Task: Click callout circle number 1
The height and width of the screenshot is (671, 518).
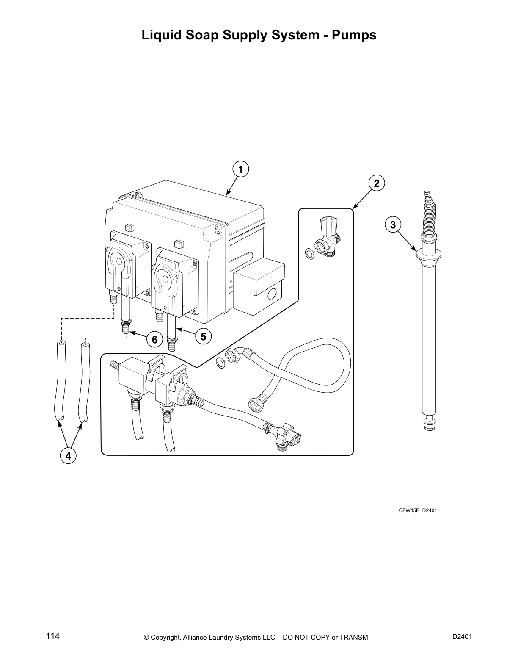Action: [x=240, y=170]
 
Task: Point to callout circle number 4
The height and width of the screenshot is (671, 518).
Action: [x=68, y=456]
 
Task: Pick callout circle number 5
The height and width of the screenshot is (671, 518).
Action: [x=203, y=337]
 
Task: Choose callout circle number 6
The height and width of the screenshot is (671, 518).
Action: [x=154, y=340]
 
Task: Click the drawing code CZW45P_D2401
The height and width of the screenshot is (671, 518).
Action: [x=418, y=510]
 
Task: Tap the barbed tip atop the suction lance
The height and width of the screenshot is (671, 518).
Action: [x=427, y=196]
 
